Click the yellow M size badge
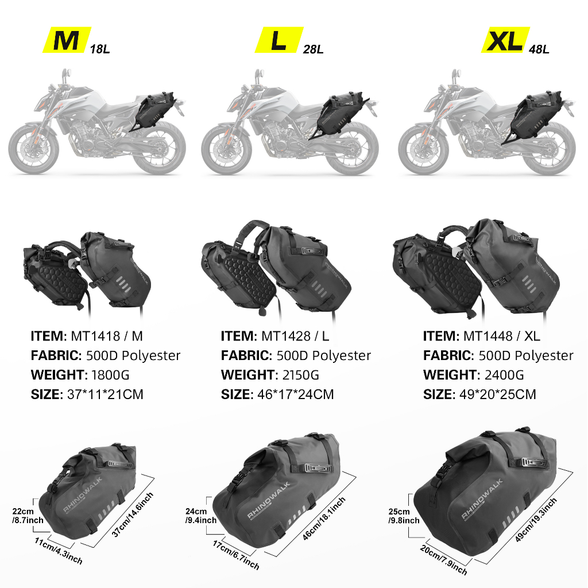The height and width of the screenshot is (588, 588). click(x=67, y=40)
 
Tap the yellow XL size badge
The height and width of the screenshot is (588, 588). click(x=505, y=40)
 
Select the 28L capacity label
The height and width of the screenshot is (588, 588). click(x=313, y=49)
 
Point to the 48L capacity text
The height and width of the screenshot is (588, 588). click(x=539, y=49)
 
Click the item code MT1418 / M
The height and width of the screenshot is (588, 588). click(x=107, y=336)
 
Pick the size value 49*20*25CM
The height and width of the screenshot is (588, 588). click(x=498, y=394)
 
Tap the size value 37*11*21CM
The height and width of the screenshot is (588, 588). click(x=105, y=394)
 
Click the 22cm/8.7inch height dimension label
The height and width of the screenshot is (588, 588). click(x=28, y=516)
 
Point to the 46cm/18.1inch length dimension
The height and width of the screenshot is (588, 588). click(x=324, y=519)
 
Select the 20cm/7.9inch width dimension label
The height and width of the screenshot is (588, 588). click(x=444, y=560)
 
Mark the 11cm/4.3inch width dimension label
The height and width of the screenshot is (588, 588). click(x=59, y=551)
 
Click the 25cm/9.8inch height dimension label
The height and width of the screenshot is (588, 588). click(x=404, y=516)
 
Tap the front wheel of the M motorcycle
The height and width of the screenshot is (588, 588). click(x=34, y=148)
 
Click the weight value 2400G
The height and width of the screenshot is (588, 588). click(x=504, y=374)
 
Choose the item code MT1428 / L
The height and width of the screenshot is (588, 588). click(x=295, y=336)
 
